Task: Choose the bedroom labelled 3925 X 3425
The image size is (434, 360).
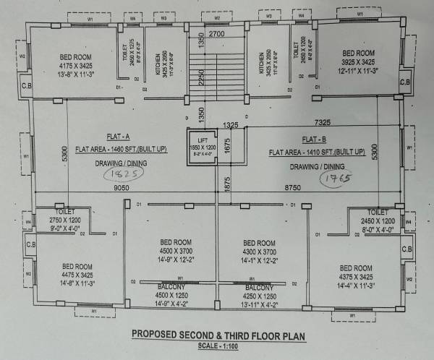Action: (358, 62)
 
